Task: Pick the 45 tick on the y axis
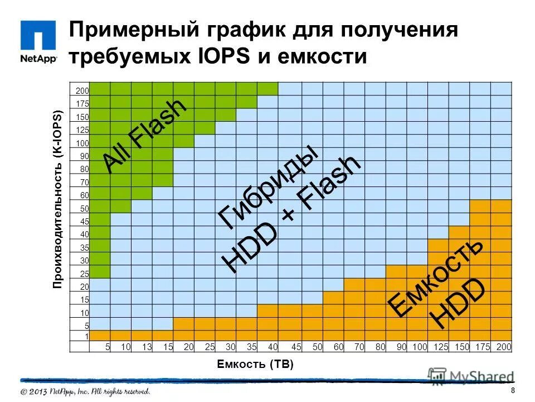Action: (x=84, y=221)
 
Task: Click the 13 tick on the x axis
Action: (x=147, y=347)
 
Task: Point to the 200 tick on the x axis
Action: (x=503, y=347)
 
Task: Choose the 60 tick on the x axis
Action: (x=338, y=347)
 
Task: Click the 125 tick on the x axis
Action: (x=440, y=347)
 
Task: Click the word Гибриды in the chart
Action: (x=268, y=187)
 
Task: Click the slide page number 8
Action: (x=512, y=390)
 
